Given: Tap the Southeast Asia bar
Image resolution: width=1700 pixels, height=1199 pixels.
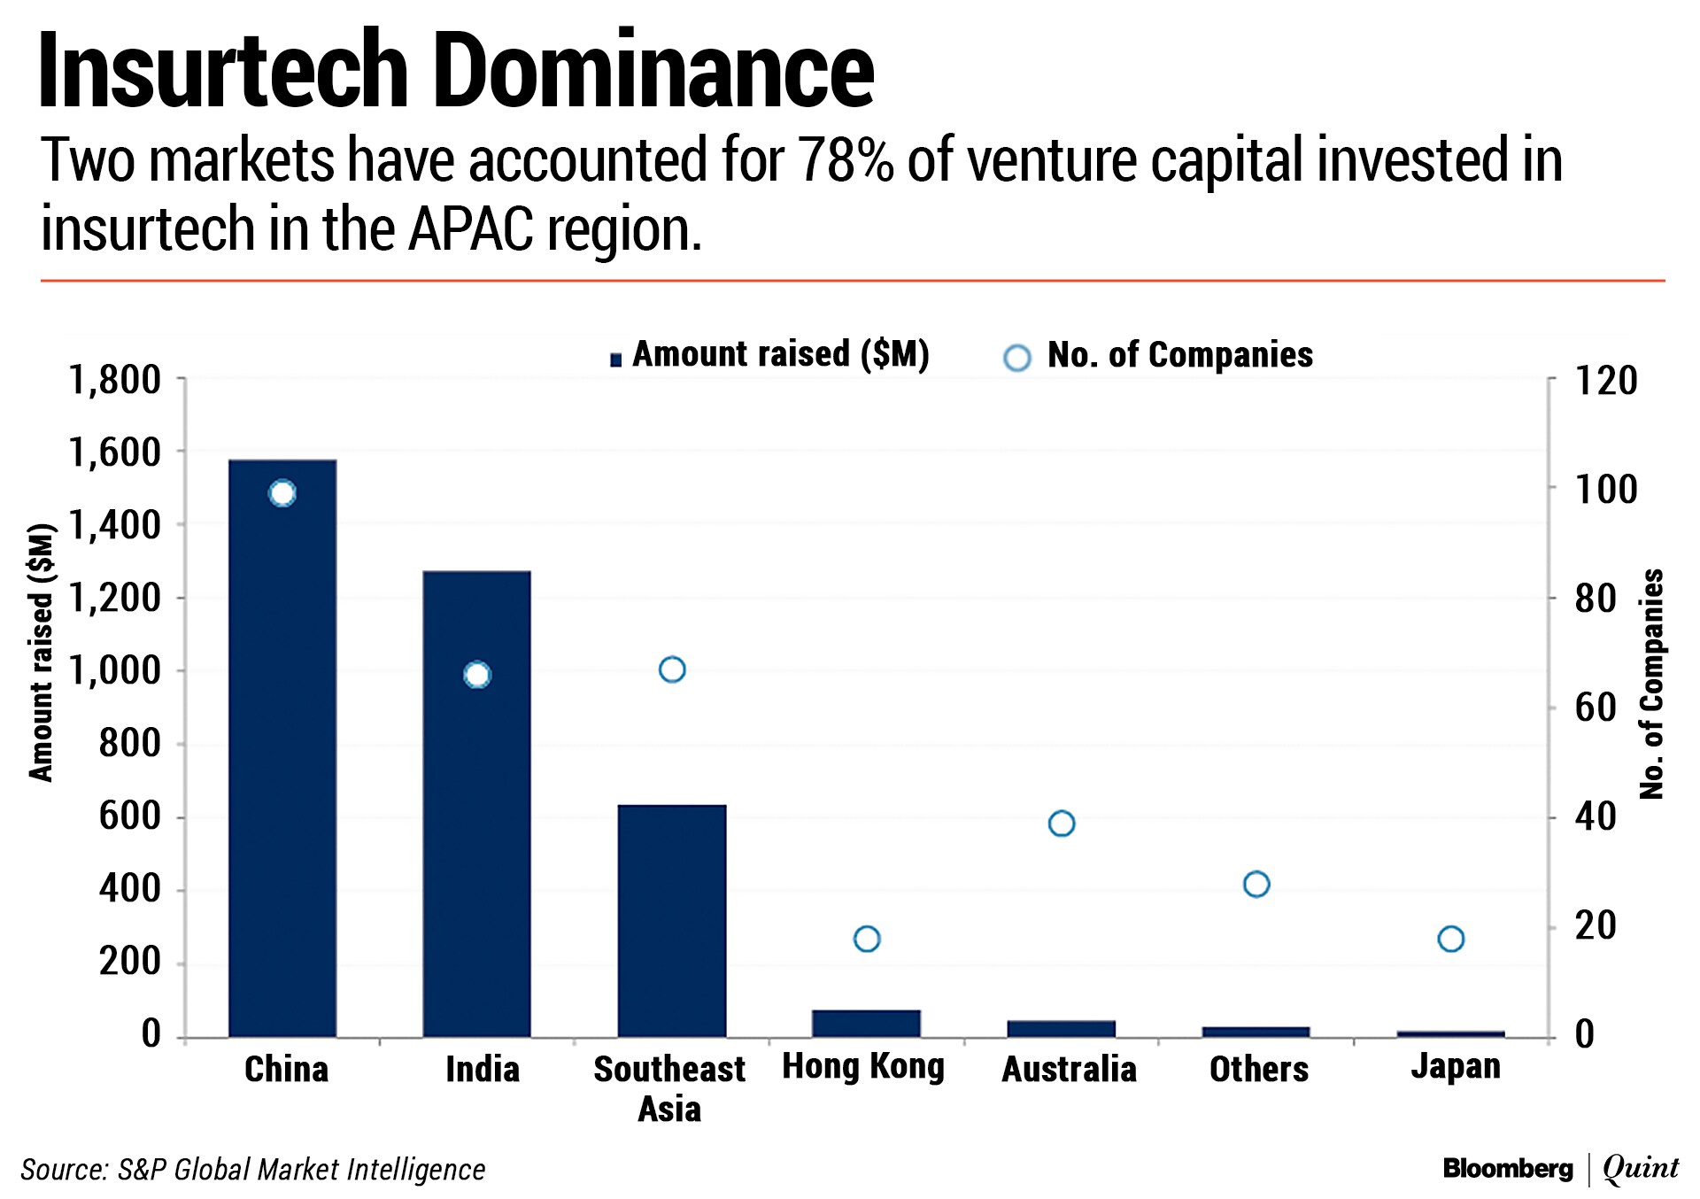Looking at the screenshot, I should click(672, 921).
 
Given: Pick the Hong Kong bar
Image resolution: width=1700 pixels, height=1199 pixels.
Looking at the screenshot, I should click(866, 1023).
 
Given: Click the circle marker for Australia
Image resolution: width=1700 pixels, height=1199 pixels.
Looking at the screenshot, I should click(1061, 824).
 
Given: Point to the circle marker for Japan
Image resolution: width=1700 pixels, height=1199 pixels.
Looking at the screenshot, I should click(1450, 939).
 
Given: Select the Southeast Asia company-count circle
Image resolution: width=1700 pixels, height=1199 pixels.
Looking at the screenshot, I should click(672, 669).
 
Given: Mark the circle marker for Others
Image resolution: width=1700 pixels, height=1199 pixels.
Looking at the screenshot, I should click(1256, 884).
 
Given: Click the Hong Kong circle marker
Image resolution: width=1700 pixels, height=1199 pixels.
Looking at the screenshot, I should click(866, 939).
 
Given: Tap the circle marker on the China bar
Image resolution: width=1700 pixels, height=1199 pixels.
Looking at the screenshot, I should click(282, 493).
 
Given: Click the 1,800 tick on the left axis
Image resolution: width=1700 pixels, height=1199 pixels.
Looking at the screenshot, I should click(115, 381).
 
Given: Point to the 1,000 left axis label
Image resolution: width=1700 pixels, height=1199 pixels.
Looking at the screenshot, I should click(115, 671).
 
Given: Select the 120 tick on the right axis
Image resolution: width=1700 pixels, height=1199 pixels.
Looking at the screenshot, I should click(1605, 381).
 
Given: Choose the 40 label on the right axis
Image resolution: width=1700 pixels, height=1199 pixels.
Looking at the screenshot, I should click(1595, 816).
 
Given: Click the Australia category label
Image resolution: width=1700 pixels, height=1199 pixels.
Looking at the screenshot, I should click(1069, 1069).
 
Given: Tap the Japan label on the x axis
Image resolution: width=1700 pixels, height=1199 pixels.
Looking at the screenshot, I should click(1456, 1066).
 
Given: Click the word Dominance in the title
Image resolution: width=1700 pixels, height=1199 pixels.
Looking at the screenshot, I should click(653, 71).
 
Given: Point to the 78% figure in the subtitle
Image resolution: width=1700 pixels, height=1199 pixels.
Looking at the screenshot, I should click(846, 160).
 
